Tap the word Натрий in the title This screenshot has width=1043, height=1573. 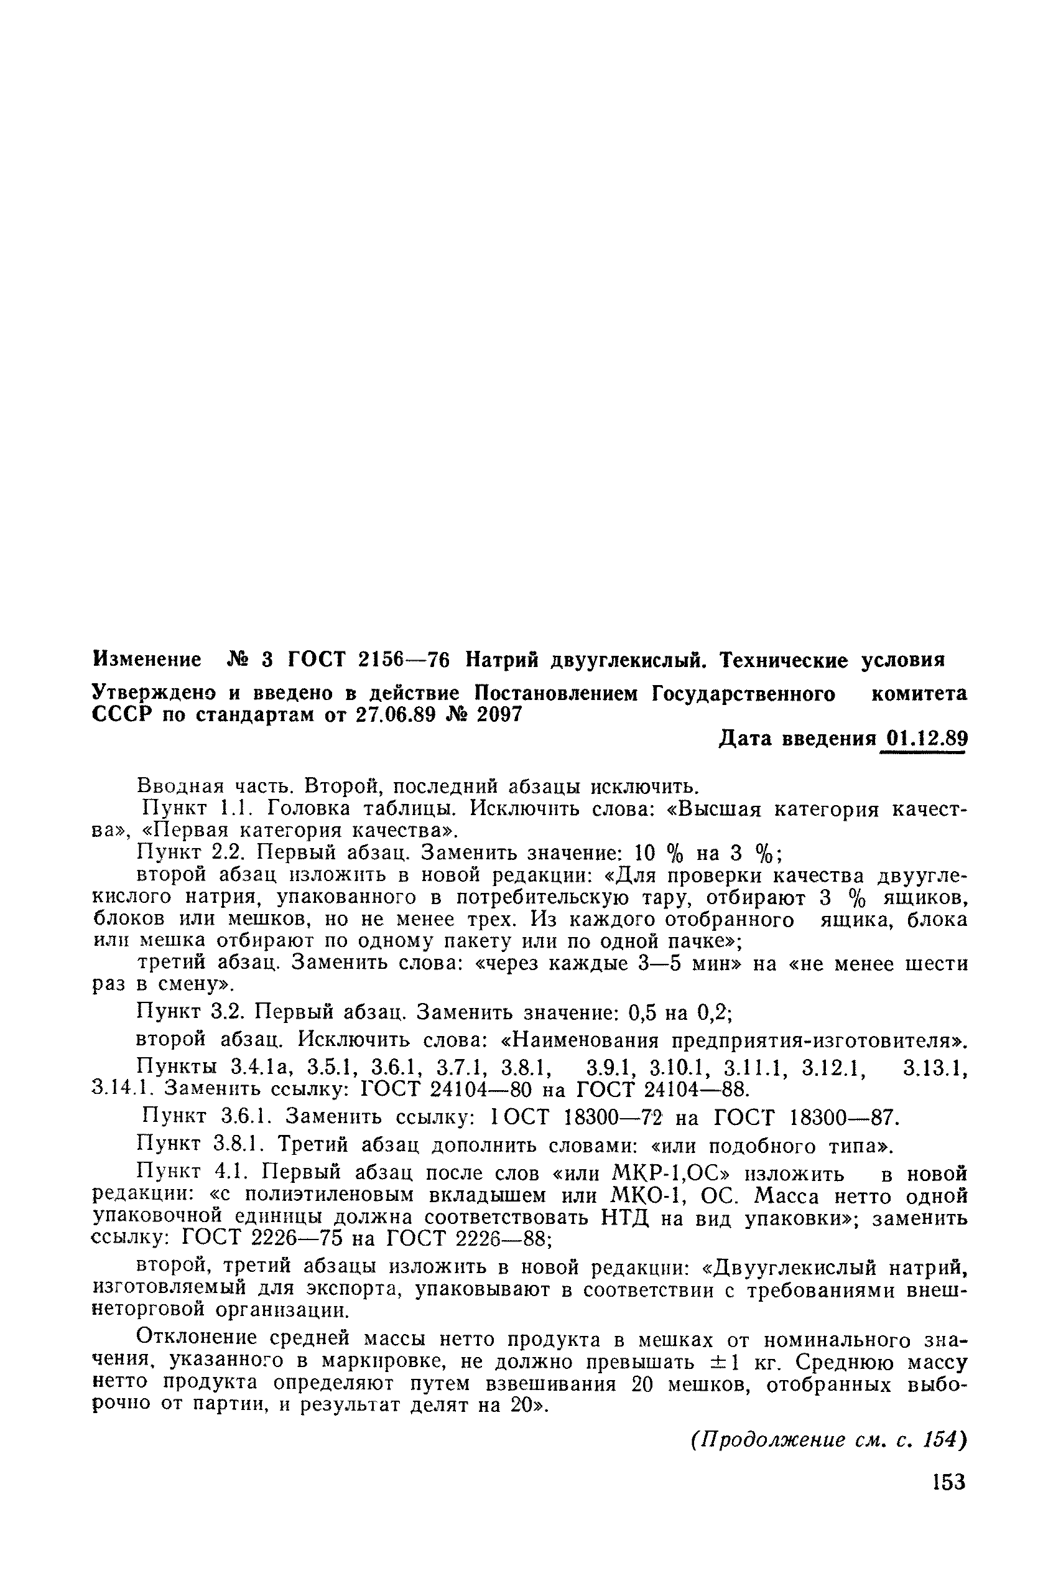click(500, 660)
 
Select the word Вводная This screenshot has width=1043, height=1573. click(178, 786)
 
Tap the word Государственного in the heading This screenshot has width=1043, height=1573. click(743, 694)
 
